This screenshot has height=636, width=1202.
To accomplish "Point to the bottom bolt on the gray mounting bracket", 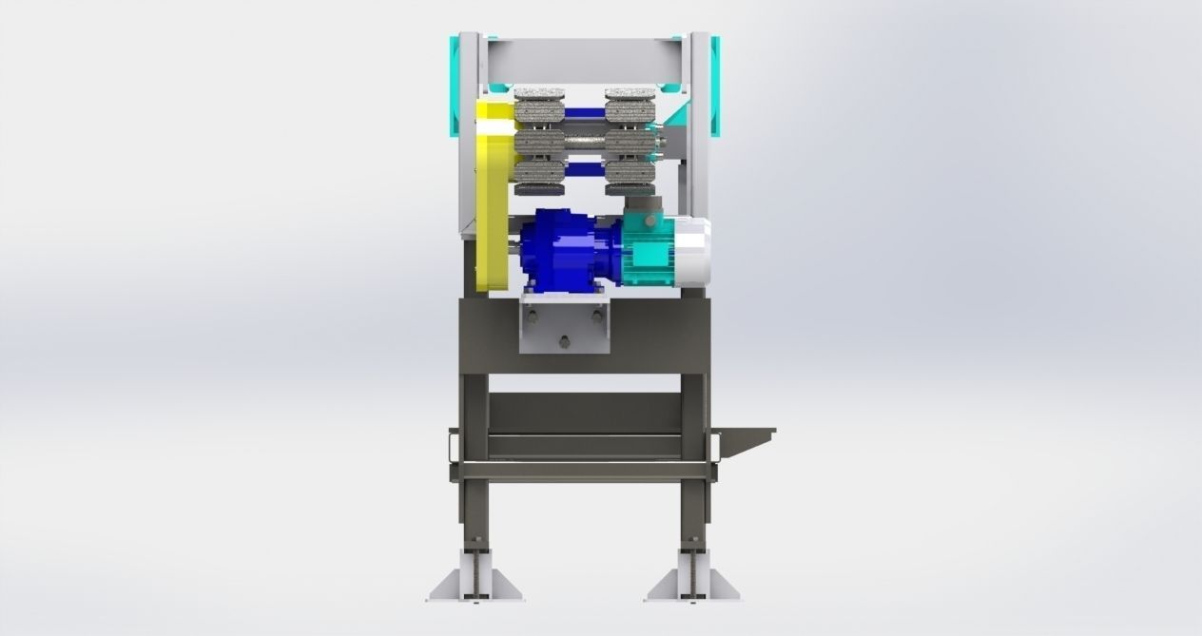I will point(565,343).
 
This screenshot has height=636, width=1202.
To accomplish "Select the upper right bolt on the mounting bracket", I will point(597,316).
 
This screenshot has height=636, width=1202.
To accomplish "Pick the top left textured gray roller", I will point(539,107).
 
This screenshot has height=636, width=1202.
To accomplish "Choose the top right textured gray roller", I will point(630,107).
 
